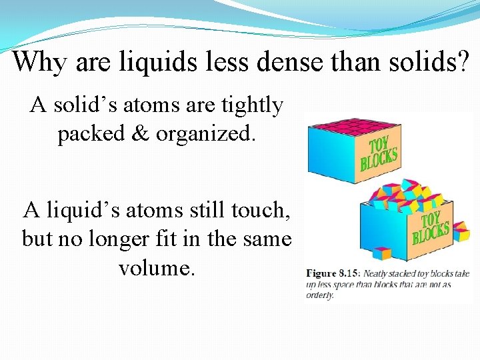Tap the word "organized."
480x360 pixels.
pyautogui.click(x=206, y=134)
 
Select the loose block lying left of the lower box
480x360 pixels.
pyautogui.click(x=381, y=253)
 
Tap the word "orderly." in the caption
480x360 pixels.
pyautogui.click(x=320, y=295)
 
